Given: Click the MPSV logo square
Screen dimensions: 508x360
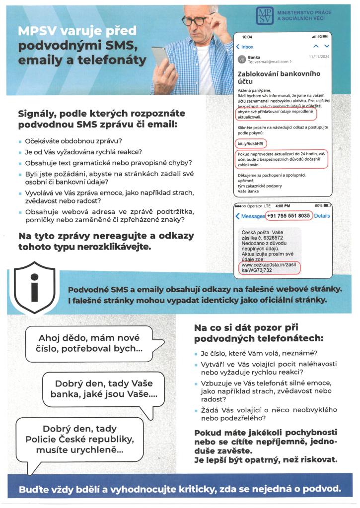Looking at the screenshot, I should tap(264, 15).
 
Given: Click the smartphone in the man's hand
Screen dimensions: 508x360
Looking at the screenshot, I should tap(159, 59).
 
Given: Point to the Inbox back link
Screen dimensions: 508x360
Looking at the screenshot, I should tap(244, 47).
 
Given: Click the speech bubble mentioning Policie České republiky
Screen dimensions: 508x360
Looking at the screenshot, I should tap(79, 439).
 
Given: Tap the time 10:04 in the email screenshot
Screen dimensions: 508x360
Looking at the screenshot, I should tap(247, 37).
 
